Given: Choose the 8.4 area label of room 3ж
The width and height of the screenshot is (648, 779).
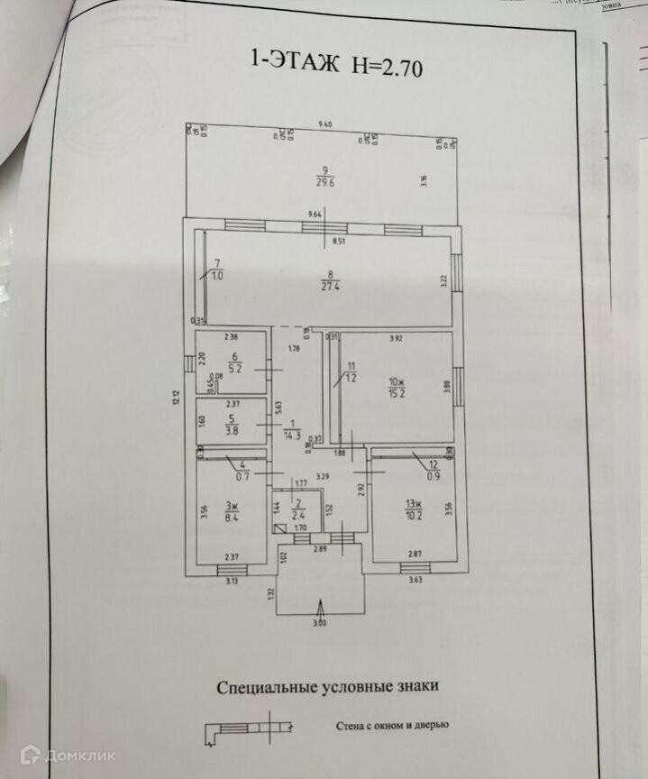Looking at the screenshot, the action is [x=231, y=518].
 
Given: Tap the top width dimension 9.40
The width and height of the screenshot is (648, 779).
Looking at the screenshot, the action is [x=325, y=124].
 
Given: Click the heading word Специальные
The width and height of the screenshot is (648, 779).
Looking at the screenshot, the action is [x=268, y=686].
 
